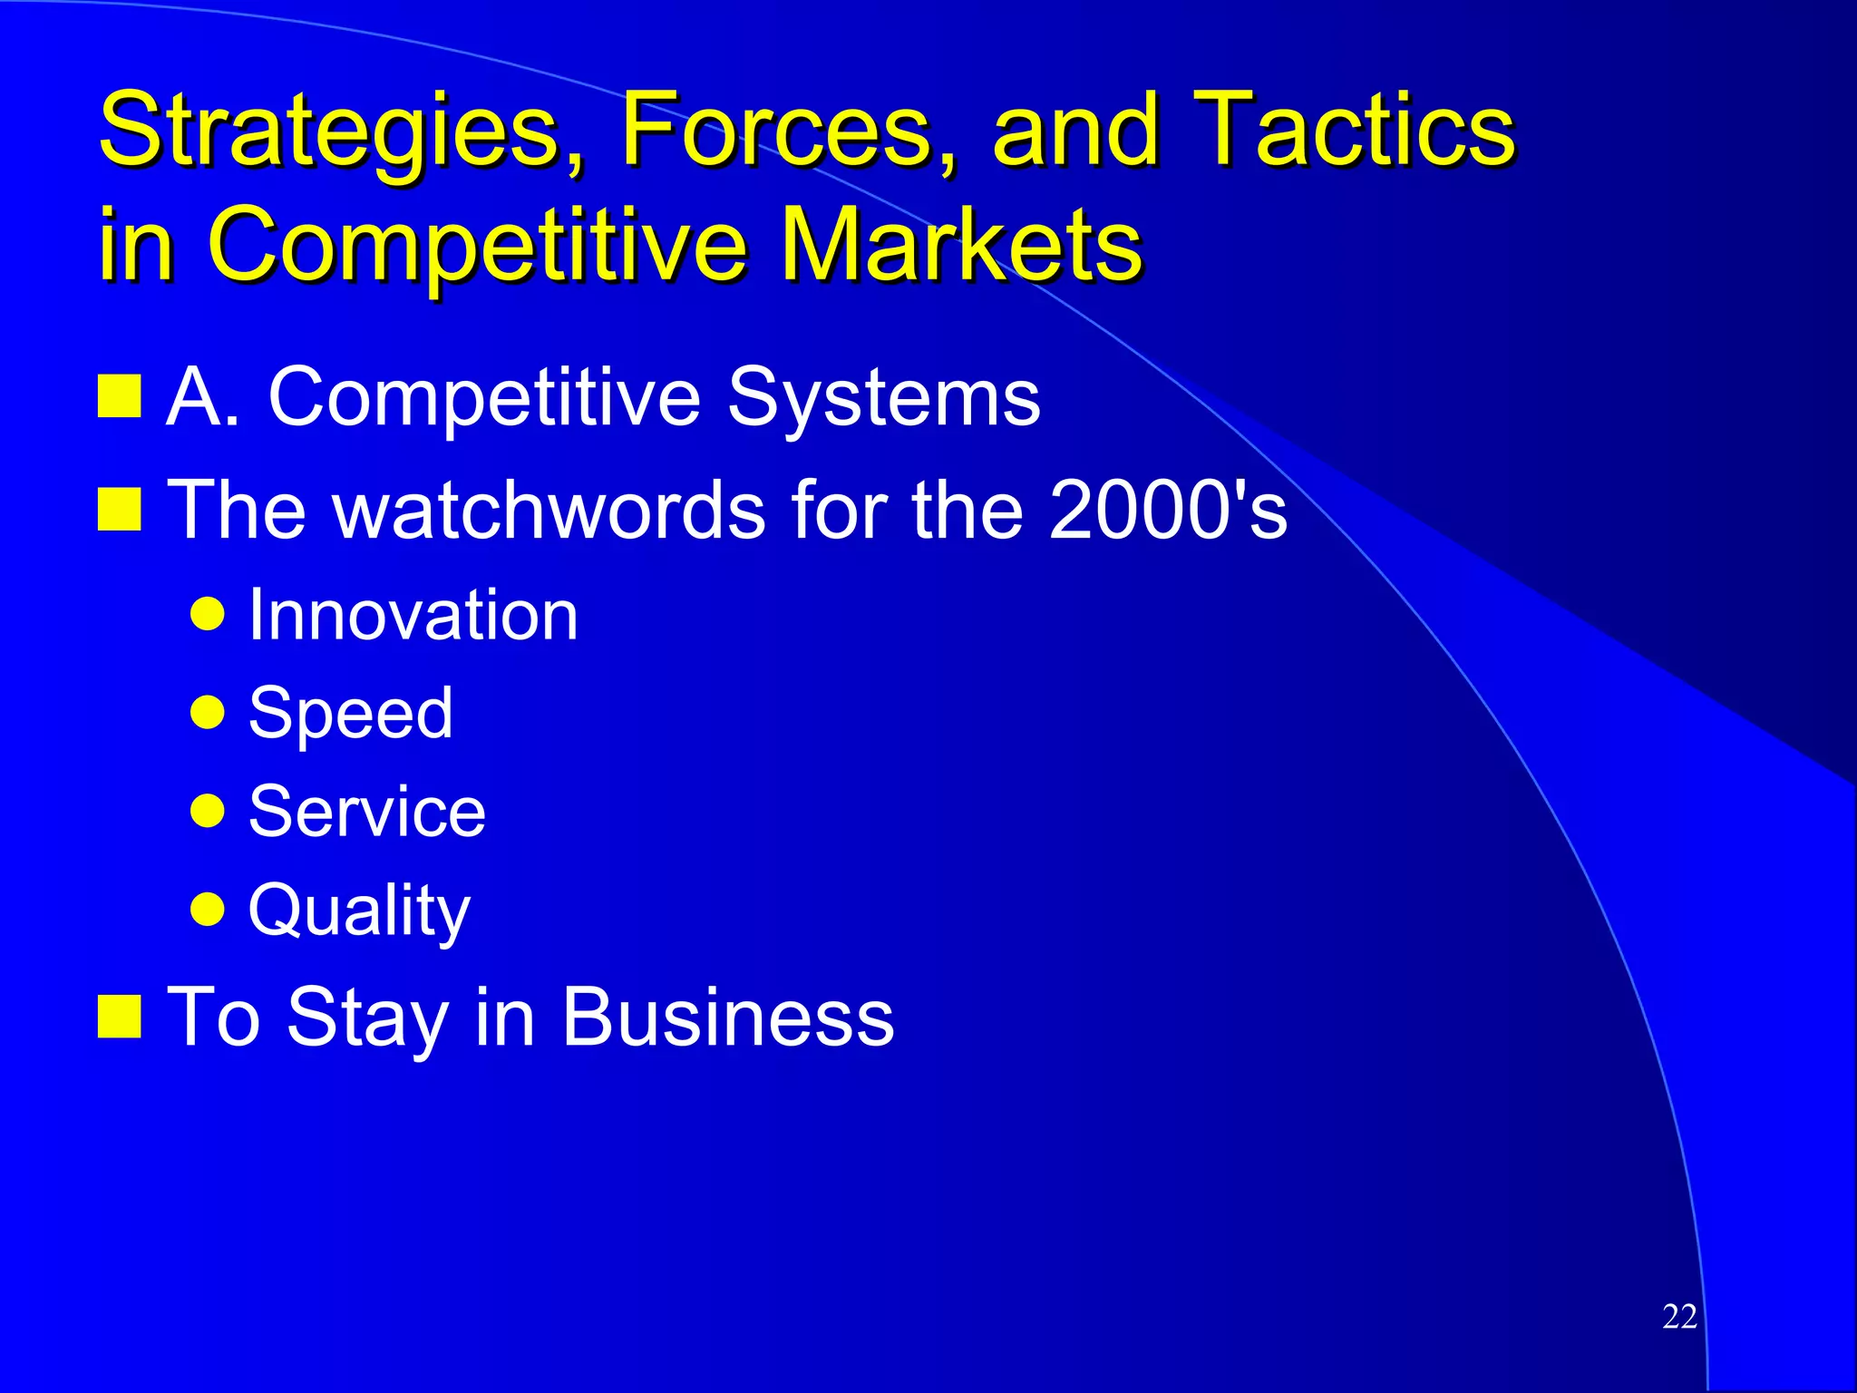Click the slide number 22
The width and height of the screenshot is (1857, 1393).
[1679, 1316]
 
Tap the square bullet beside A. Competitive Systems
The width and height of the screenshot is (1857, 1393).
[119, 396]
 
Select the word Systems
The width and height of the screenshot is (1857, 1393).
[883, 397]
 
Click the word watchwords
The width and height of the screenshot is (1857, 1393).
[550, 510]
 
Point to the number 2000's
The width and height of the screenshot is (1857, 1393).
[1168, 510]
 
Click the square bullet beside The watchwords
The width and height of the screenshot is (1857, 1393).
[119, 509]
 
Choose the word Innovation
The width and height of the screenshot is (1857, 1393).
[413, 615]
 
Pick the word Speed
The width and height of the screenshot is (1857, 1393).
[350, 713]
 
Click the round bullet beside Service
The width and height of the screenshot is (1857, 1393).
[208, 811]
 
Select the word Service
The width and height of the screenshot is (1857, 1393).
[366, 811]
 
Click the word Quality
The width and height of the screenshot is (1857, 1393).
[359, 910]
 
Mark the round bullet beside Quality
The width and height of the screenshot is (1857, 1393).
[208, 908]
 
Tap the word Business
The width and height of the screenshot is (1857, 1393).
[727, 1018]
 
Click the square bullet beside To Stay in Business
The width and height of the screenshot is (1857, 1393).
[119, 1016]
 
